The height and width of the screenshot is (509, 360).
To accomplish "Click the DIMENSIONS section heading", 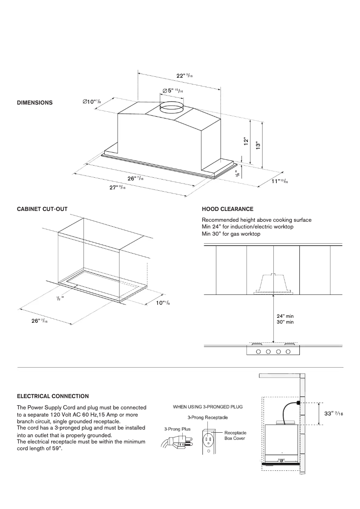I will pos(35,103).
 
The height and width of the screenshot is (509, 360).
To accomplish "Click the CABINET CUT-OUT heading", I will pos(42,209).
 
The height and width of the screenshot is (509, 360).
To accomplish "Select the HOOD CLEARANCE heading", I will pos(228,209).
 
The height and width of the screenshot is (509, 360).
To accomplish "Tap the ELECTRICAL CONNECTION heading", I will pos(53,396).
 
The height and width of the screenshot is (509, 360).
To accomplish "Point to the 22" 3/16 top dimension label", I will pos(184,76).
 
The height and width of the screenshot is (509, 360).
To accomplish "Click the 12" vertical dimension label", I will pos(246,141).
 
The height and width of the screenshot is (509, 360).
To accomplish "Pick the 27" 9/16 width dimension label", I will pos(118,188).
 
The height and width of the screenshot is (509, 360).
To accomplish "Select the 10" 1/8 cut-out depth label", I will pos(162,303).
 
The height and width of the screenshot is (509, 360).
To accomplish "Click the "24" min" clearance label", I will pos(285,316).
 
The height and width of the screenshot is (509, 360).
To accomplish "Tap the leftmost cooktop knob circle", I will pos(259,351).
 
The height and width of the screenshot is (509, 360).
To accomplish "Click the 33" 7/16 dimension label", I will pos(334,413).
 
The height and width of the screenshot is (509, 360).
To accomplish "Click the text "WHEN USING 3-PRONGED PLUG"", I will pos(208,407).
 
